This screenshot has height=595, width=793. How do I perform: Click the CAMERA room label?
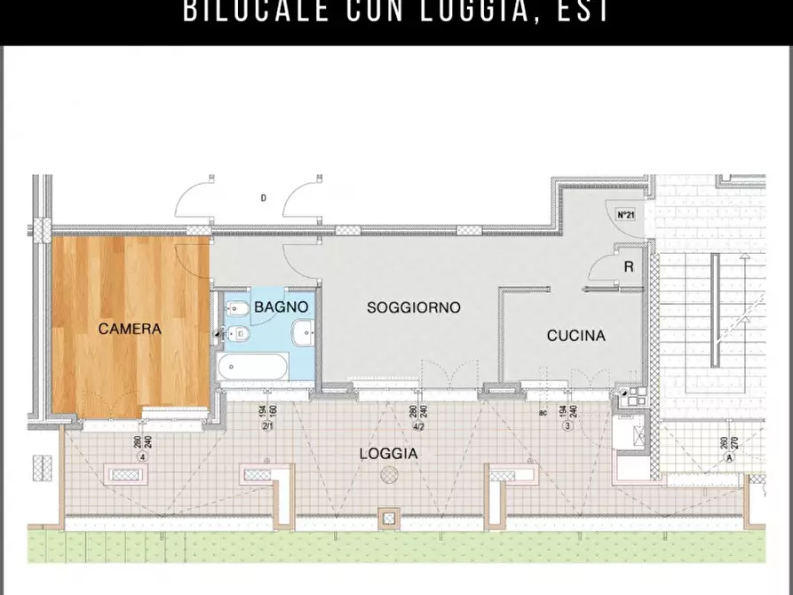click(130, 329)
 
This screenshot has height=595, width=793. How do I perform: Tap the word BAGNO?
click(281, 307)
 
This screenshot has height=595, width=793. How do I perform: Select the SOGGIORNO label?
click(414, 307)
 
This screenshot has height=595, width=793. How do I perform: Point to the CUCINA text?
click(575, 336)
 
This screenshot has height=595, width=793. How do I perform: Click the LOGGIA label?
click(388, 453)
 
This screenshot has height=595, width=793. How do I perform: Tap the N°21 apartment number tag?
click(625, 215)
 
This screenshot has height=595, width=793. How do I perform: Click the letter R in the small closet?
click(628, 266)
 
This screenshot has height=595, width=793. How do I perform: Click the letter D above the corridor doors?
click(263, 198)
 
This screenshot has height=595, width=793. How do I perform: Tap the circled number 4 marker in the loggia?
click(142, 456)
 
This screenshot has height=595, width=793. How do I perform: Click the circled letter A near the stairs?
click(729, 457)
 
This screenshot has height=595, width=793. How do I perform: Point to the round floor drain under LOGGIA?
click(388, 476)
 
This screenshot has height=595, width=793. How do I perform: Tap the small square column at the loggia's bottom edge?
click(388, 517)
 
